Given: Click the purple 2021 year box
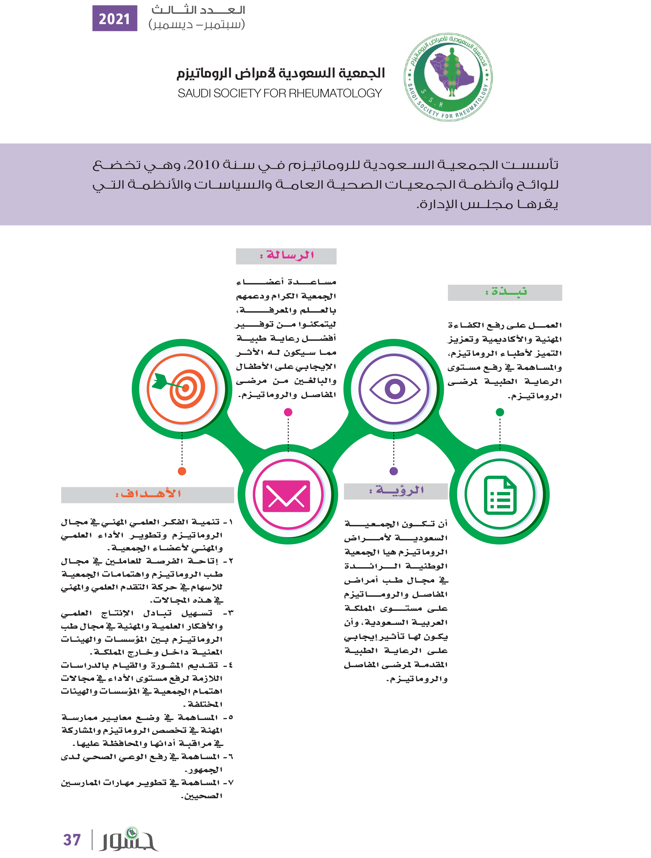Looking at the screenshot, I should pos(115,18).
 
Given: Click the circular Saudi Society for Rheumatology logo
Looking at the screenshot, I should pos(448,77).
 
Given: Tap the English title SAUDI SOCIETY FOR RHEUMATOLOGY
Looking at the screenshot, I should pos(280,94).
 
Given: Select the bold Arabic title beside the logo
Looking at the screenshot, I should pos(281,73).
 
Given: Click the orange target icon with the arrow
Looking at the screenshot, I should pos(182,389).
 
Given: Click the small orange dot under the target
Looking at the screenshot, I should pos(182,471).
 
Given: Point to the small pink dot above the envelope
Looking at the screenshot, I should pos(288,412).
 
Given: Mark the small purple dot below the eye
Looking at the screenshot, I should pos(394,471).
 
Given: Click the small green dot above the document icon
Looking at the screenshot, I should pos(500,412).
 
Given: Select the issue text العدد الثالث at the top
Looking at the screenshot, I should pos(198,10).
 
